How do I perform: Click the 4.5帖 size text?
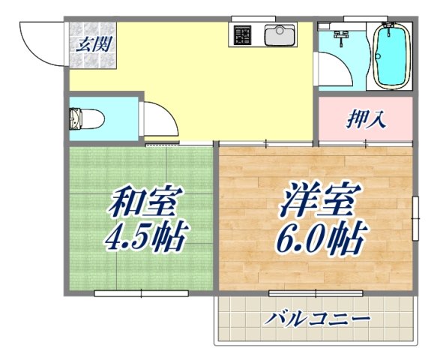tap(145, 238)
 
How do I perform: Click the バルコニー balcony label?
tap(318, 319)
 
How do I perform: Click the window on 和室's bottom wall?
tap(141, 294)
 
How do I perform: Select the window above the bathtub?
tap(390, 16)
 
